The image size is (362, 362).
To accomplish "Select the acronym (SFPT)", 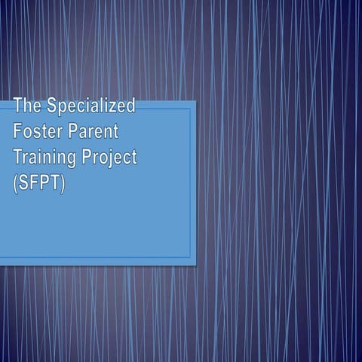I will point(39,183).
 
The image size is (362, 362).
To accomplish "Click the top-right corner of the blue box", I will point(196,101).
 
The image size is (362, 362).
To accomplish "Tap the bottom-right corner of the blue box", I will point(196,265).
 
